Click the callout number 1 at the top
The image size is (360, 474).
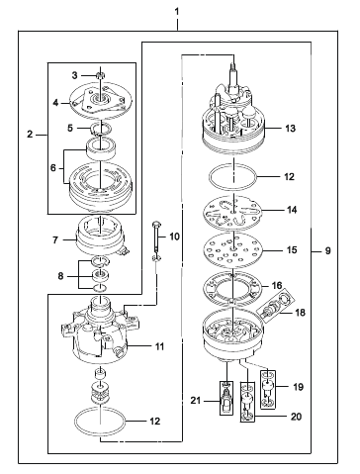pyautogui.click(x=177, y=12)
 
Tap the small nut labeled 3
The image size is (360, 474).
pyautogui.click(x=99, y=75)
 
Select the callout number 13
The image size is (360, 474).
pyautogui.click(x=290, y=128)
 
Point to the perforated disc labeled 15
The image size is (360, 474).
pyautogui.click(x=233, y=249)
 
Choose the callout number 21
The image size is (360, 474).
pyautogui.click(x=196, y=400)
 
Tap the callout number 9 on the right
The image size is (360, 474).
pyautogui.click(x=327, y=251)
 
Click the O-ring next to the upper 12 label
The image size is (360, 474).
pyautogui.click(x=232, y=177)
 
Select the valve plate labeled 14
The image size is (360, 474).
pyautogui.click(x=233, y=212)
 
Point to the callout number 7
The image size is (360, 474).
pyautogui.click(x=55, y=239)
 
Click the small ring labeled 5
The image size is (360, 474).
pyautogui.click(x=100, y=128)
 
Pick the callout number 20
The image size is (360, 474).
pyautogui.click(x=296, y=417)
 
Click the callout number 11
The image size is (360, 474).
pyautogui.click(x=159, y=346)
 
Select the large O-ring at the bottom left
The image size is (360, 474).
pyautogui.click(x=100, y=424)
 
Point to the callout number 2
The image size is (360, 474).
pyautogui.click(x=30, y=135)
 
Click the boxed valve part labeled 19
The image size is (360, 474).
pyautogui.click(x=268, y=390)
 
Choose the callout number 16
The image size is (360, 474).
pyautogui.click(x=277, y=285)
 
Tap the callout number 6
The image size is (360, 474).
pyautogui.click(x=53, y=168)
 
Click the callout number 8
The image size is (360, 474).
pyautogui.click(x=60, y=276)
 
